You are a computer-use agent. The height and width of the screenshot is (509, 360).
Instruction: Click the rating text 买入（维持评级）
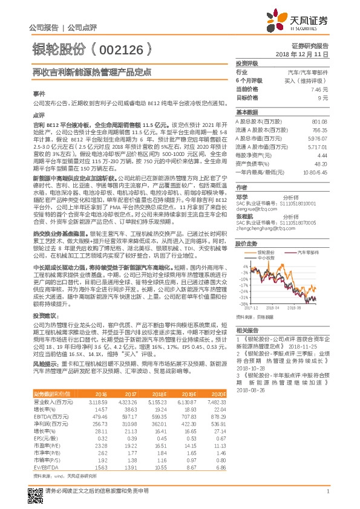315,80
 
